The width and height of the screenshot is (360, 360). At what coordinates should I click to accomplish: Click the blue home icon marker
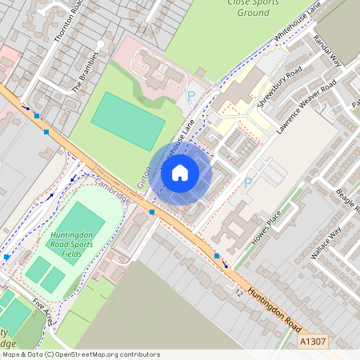point(180,172)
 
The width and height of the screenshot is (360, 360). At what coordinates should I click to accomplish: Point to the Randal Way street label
point(328,50)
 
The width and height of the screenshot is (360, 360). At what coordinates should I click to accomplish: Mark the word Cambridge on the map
point(110,190)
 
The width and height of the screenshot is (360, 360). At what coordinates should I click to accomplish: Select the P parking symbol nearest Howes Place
point(247,184)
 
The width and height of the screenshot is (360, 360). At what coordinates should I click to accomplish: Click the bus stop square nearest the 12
point(217,256)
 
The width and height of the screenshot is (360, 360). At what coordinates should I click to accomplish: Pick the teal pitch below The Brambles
point(128,121)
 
